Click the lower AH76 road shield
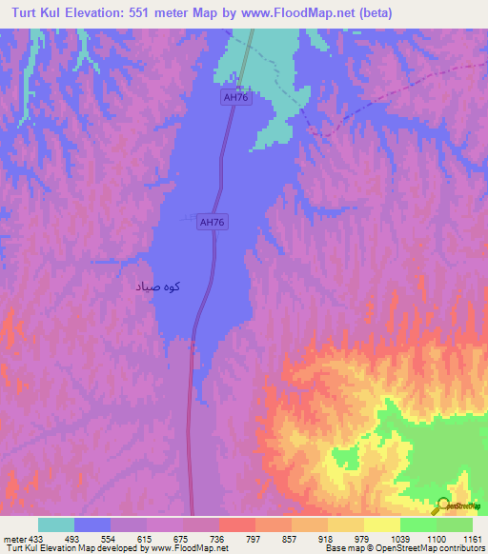(x=212, y=222)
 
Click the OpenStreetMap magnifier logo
(x=442, y=505)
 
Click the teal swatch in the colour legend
(x=55, y=524)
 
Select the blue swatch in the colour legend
(x=92, y=524)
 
